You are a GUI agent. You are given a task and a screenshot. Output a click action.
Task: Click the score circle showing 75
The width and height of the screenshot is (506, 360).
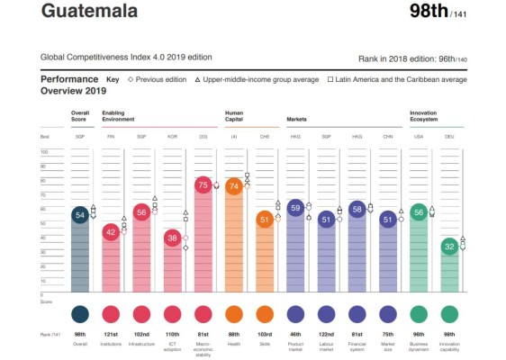point(203,185)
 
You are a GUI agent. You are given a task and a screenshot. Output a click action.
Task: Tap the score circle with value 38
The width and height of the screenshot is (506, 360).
point(172,238)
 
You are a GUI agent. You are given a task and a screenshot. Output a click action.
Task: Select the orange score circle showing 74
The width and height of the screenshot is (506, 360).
point(233,186)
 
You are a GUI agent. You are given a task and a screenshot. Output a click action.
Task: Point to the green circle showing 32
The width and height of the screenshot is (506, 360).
point(449,246)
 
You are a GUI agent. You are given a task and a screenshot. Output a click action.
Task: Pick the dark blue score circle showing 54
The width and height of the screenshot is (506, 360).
point(80,215)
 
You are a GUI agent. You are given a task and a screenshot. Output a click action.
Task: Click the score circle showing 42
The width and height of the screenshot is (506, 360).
point(111,232)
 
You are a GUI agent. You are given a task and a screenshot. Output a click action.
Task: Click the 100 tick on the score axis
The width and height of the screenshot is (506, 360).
point(43,151)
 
